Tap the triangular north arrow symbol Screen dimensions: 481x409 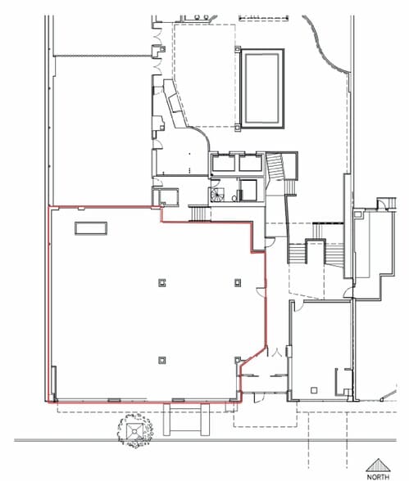pyautogui.click(x=378, y=464)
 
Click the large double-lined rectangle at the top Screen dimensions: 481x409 pyautogui.click(x=262, y=88)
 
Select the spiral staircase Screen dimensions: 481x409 pyautogui.click(x=219, y=195)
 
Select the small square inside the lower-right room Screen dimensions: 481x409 pyautogui.click(x=315, y=388)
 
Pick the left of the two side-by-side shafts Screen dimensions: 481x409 pyautogui.click(x=222, y=164)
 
